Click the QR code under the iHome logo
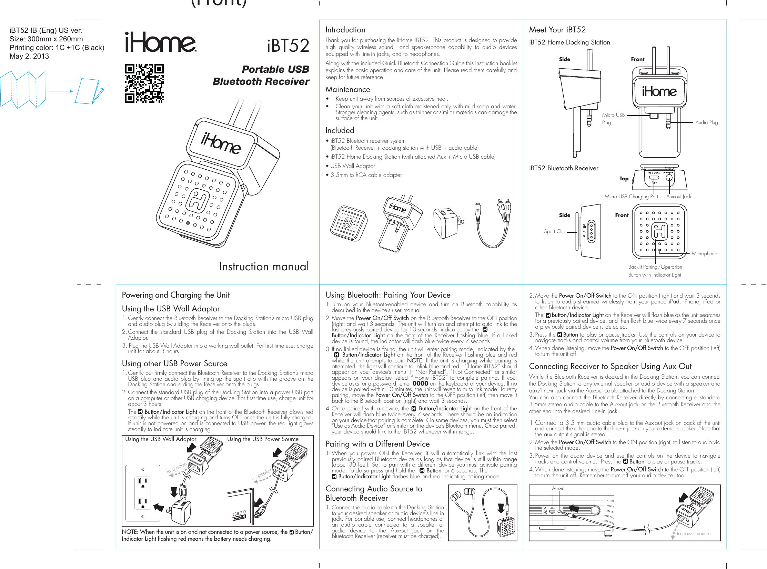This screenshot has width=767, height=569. [x=144, y=83]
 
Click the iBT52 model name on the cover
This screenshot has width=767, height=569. [x=288, y=46]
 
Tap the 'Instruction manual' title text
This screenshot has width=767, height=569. [x=264, y=267]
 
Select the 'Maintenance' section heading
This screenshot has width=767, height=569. [x=347, y=90]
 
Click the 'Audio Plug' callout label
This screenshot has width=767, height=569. [x=706, y=122]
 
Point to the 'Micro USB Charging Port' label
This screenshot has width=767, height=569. [x=631, y=197]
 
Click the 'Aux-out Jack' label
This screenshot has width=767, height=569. [x=678, y=197]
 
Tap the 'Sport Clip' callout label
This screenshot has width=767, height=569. [x=554, y=231]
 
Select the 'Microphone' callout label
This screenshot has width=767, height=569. [x=704, y=253]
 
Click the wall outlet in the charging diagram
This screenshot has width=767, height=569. [x=143, y=493]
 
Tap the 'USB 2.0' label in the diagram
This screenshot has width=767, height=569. [x=238, y=513]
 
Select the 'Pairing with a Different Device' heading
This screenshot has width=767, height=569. [x=377, y=444]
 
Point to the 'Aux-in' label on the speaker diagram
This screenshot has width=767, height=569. [x=558, y=488]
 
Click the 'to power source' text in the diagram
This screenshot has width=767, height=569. [x=693, y=533]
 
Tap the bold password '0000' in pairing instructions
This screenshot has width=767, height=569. [x=420, y=383]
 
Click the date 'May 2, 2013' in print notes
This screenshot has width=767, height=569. [x=29, y=57]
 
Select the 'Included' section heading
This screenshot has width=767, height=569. [x=340, y=131]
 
